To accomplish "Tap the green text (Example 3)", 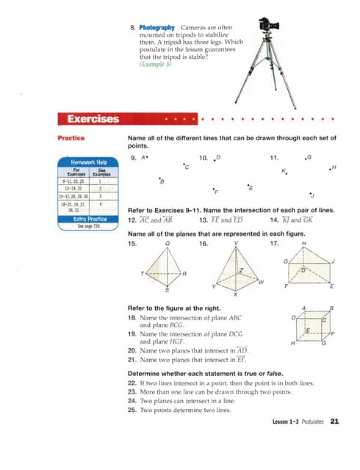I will coord(154,65).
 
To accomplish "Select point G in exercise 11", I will coord(309,157).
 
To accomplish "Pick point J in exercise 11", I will coord(312,195).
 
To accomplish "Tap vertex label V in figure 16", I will coord(236,242).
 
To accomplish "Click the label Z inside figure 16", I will coord(240,272).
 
